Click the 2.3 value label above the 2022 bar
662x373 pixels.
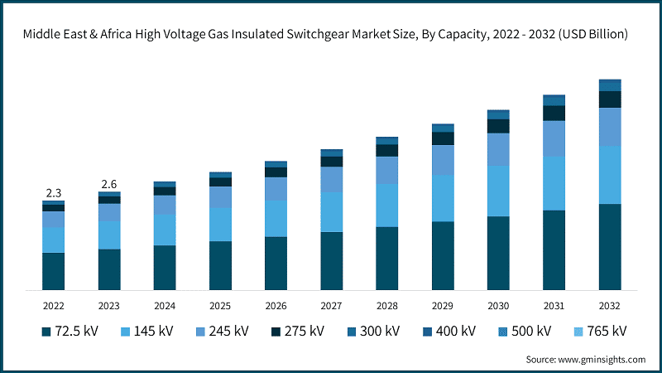point(53,193)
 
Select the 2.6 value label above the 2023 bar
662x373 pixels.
point(108,183)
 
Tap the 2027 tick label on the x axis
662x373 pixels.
point(331,306)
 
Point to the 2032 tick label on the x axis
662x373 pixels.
point(609,306)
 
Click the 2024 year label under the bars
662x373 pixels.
point(164,306)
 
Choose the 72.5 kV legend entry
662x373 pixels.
point(70,332)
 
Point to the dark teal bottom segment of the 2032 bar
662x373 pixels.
point(610,247)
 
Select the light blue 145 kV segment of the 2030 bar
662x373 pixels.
point(498,191)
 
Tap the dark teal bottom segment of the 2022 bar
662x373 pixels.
point(53,271)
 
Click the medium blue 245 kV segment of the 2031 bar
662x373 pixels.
point(554,138)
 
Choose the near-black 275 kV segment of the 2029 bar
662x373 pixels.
point(443,138)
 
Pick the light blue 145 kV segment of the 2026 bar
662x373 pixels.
point(276,219)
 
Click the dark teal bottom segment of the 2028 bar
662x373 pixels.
point(387,258)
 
